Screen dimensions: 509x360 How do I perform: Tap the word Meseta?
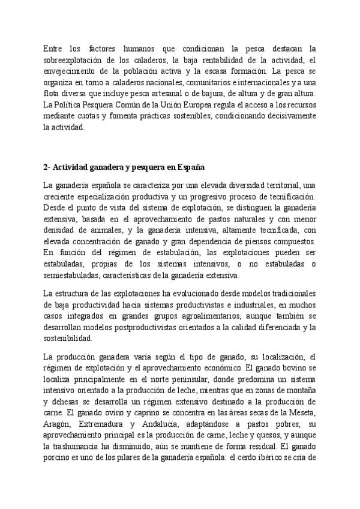click(302, 413)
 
